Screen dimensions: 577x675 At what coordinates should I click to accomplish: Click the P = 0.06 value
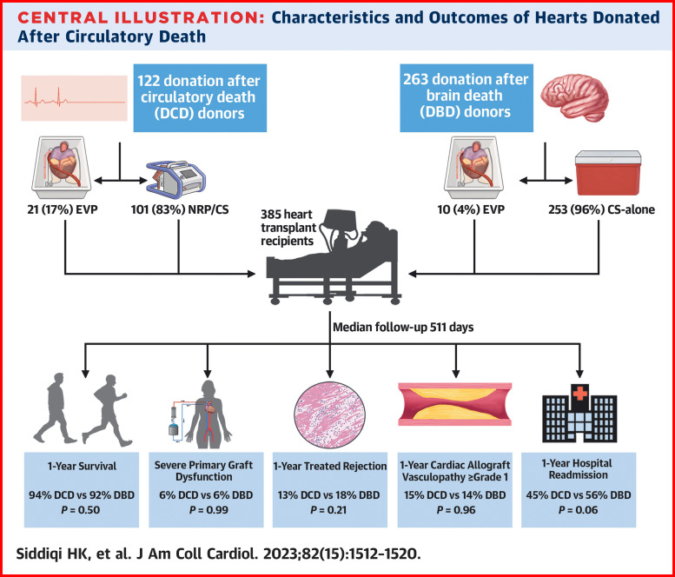[585, 510]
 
